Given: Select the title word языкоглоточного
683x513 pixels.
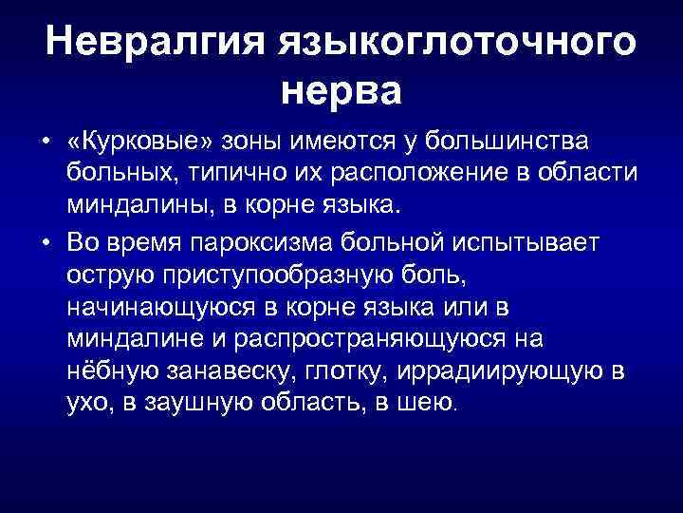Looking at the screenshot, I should tap(452, 45).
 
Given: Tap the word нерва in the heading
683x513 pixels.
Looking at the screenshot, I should tap(342, 92).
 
